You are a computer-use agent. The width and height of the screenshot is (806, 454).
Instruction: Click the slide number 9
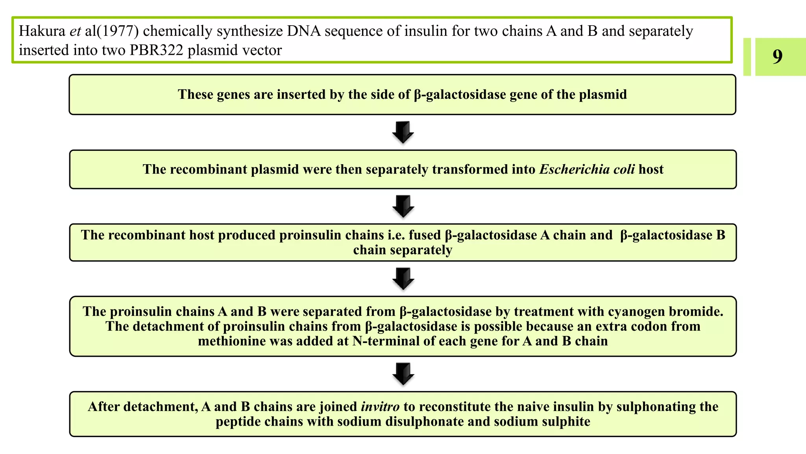coord(777,57)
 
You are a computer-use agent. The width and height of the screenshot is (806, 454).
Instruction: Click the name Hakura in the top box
coord(42,31)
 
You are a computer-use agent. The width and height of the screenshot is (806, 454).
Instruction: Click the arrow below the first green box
coord(403,132)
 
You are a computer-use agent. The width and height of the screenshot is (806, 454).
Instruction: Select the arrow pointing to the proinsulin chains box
coord(403,206)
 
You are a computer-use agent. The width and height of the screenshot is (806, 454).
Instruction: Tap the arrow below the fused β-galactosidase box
coord(403,279)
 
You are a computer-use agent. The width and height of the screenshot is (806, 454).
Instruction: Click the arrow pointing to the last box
coord(403,374)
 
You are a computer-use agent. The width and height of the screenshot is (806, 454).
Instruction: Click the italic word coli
coord(623,169)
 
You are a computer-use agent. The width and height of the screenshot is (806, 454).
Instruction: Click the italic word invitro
coord(380,407)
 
